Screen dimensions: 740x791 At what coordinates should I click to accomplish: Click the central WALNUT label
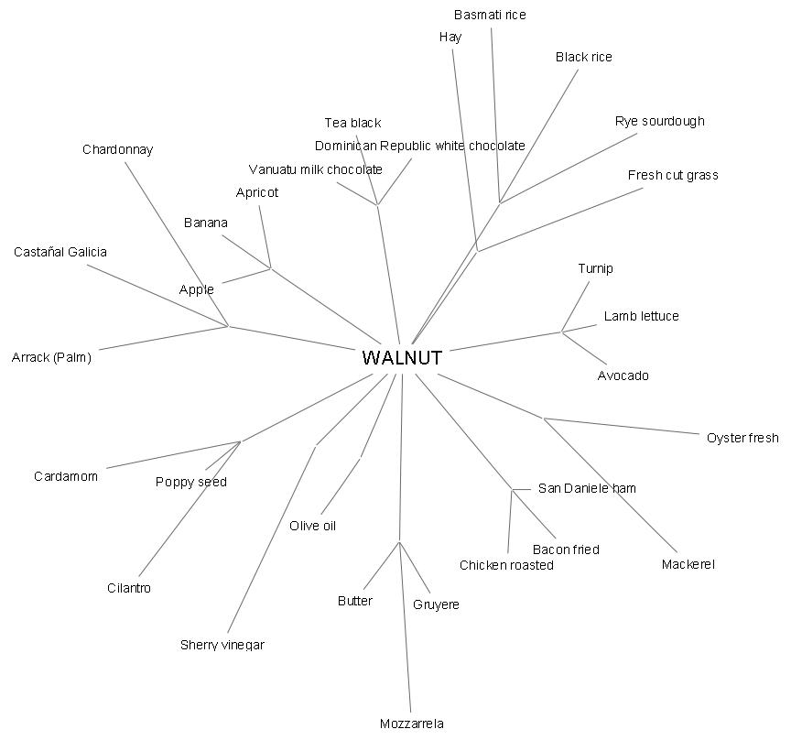[x=402, y=358]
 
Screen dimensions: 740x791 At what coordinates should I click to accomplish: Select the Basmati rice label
[x=490, y=15]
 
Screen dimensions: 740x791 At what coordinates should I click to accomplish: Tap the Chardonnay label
[x=117, y=149]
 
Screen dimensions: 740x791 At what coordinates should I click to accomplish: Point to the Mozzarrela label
[x=411, y=724]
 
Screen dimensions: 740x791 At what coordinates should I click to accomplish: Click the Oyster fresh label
[x=742, y=438]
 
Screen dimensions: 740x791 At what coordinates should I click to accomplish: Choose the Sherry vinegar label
[x=222, y=645]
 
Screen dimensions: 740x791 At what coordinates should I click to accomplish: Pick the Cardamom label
[x=66, y=476]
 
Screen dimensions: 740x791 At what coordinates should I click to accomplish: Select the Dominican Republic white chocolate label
[x=419, y=146]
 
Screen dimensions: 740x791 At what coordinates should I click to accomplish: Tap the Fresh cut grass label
[x=673, y=175]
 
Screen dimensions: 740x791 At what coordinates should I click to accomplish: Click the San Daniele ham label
[x=587, y=488]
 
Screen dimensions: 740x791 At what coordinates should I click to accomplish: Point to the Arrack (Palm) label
[x=51, y=357]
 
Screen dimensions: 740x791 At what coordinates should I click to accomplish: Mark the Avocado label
[x=623, y=375]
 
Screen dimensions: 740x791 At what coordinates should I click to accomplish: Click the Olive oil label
[x=313, y=526]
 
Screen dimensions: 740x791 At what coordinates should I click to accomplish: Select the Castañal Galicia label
[x=60, y=252]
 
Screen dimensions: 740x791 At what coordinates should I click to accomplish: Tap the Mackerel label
[x=688, y=564]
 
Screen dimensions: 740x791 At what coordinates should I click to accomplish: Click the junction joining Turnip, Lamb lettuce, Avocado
[x=561, y=332]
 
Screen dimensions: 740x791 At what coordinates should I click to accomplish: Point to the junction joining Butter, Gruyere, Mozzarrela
[x=399, y=542]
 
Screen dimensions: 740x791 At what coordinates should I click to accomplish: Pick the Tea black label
[x=352, y=123]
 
